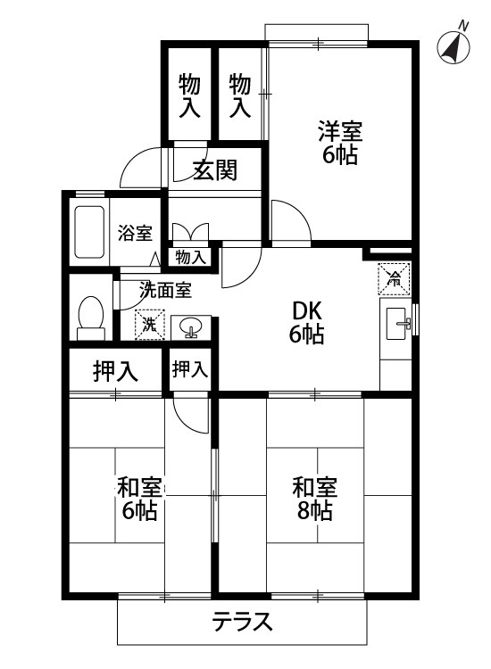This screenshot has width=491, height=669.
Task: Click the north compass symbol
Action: (454, 47)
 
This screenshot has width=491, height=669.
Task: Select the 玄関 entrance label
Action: (214, 169)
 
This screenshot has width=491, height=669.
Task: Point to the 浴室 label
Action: (136, 234)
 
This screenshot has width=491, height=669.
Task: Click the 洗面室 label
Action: (165, 289)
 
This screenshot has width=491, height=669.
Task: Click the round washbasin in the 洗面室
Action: (190, 328)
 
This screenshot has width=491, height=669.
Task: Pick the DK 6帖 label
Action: (306, 323)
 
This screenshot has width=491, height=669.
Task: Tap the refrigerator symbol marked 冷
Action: (394, 278)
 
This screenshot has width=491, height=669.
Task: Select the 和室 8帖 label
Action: (315, 500)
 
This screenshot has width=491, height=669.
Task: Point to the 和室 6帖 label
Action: (139, 500)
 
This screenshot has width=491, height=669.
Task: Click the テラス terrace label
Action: (241, 622)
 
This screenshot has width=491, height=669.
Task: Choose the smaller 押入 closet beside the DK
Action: (189, 369)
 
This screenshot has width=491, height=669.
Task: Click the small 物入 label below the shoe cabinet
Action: (190, 258)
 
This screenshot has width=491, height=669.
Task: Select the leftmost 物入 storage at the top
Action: (188, 96)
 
